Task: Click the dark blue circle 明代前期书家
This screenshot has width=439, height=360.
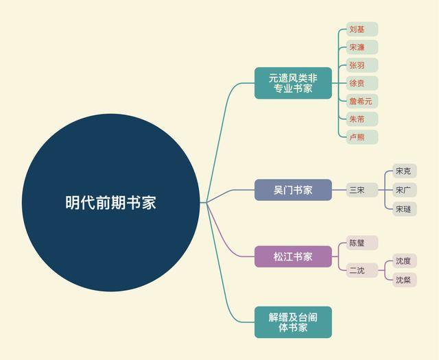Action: (111, 202)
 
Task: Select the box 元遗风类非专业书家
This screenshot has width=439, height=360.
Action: (293, 83)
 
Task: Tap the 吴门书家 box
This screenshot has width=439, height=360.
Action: (293, 190)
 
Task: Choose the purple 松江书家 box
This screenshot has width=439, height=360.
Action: (293, 256)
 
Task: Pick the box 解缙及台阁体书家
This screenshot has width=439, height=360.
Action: (293, 322)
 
